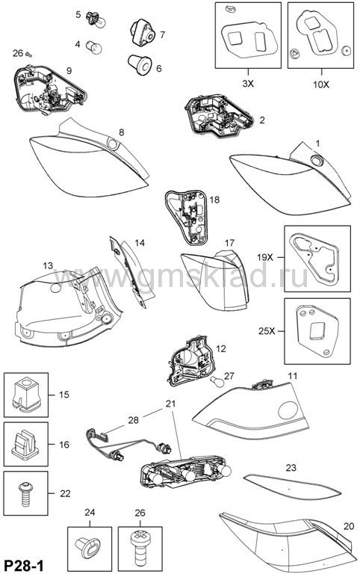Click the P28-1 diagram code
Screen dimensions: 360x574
click(x=23, y=566)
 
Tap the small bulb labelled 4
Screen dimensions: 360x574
click(x=94, y=46)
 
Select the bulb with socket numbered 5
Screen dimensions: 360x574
click(x=96, y=19)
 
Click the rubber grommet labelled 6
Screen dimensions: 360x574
click(x=140, y=64)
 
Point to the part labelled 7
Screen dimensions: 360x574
click(x=143, y=34)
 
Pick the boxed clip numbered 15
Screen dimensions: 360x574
click(x=26, y=395)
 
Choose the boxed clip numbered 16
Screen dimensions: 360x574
click(x=25, y=444)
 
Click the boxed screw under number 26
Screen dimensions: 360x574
click(x=140, y=547)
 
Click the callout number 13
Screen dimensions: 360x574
click(x=48, y=265)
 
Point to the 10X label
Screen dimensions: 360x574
click(x=321, y=84)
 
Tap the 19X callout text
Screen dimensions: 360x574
click(x=265, y=257)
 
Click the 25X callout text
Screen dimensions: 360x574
click(x=267, y=331)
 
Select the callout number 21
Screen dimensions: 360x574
click(x=170, y=404)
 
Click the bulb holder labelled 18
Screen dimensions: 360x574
click(x=186, y=217)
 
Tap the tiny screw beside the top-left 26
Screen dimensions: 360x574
click(x=28, y=54)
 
